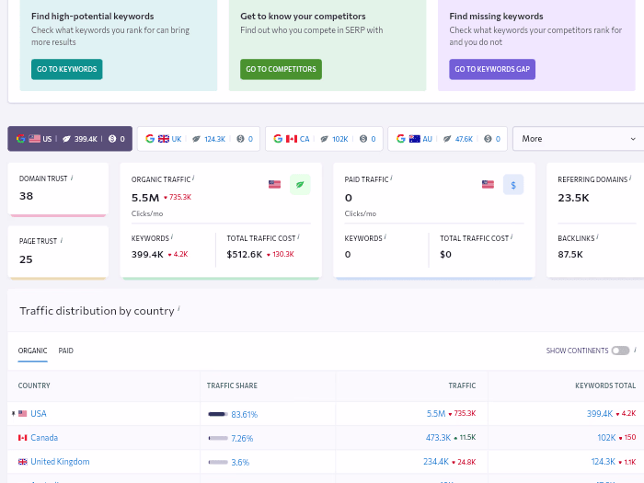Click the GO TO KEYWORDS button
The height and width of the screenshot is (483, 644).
[x=66, y=69]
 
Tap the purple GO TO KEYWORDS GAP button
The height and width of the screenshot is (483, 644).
[x=492, y=69]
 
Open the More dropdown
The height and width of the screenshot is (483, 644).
[x=578, y=139]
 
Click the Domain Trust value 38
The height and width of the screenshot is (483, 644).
[x=26, y=196]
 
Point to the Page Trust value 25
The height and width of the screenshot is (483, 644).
[x=26, y=259]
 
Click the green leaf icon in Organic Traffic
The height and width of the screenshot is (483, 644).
[x=300, y=184]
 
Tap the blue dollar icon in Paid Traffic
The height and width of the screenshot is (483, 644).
[x=513, y=184]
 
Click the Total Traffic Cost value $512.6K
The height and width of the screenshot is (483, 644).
[x=244, y=254]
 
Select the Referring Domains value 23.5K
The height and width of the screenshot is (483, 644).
[x=573, y=198]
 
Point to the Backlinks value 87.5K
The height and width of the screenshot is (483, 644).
[x=570, y=254]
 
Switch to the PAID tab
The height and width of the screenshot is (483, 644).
[x=65, y=351]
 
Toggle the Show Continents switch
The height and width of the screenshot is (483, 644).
[x=620, y=351]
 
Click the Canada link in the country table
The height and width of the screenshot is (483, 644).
[x=44, y=438]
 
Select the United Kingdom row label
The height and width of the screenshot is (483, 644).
[x=60, y=462]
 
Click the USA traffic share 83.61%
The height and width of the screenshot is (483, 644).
[x=244, y=414]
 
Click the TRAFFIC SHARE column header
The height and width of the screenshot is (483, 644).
[x=233, y=385]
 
